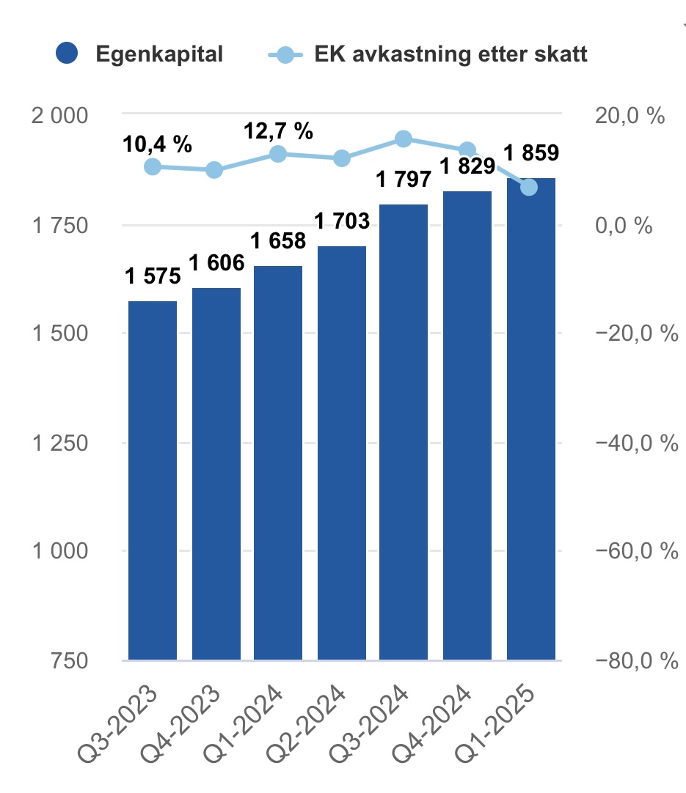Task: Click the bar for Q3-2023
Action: coord(153,480)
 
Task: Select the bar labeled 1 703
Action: coord(342,453)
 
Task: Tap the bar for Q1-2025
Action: coord(530,418)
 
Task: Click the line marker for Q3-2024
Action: coord(404,139)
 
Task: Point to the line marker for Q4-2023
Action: coord(214,170)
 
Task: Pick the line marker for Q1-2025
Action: coord(529,188)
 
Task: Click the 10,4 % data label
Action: coord(157,144)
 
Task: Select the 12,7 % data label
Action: coord(278,131)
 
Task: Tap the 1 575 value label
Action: coord(153,277)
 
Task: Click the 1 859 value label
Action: coord(530,153)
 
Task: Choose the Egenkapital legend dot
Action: coord(67,54)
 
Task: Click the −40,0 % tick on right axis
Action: coord(635,443)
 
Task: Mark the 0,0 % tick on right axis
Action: coord(622,225)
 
